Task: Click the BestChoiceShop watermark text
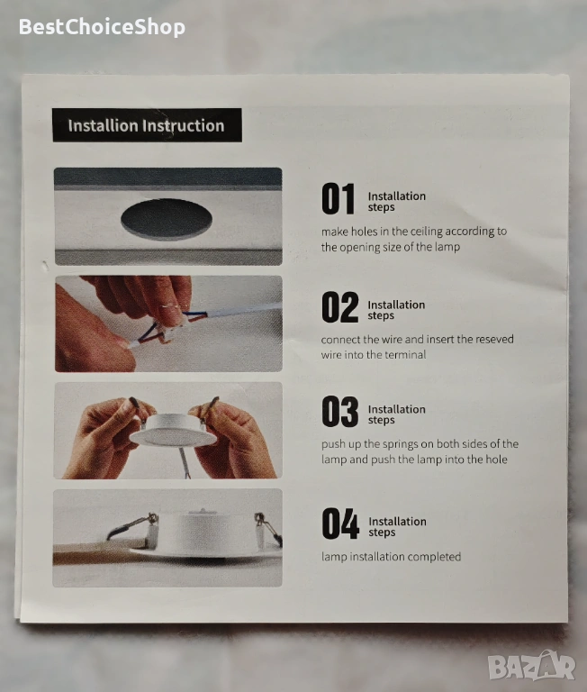point(102,27)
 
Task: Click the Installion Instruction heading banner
point(147,125)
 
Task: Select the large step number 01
point(338,199)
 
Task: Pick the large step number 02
point(339,307)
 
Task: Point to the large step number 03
point(339,412)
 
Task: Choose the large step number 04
point(340,524)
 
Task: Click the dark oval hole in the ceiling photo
point(167,218)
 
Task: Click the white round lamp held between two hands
point(174,431)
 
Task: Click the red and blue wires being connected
point(163,328)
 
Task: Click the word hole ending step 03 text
point(496,460)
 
